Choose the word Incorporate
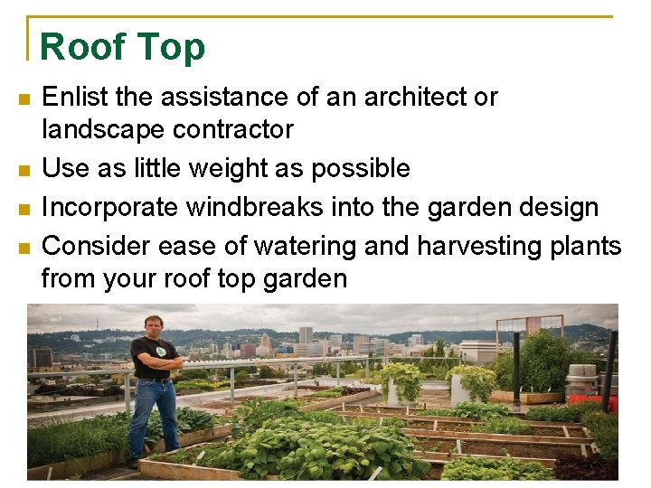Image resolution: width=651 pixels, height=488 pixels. click(x=109, y=207)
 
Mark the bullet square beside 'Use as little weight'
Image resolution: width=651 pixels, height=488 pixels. click(x=24, y=169)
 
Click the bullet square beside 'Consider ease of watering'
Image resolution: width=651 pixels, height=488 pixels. click(x=24, y=246)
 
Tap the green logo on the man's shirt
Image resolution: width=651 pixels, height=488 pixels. click(x=160, y=351)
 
